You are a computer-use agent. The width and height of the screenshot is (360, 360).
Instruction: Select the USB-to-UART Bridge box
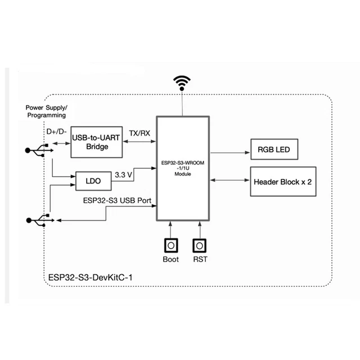tap(97, 142)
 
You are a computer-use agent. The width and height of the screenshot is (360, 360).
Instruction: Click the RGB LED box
tap(273, 150)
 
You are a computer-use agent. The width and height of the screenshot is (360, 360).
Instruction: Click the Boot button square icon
tap(170, 246)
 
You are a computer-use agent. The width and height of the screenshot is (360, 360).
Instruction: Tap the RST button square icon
tap(200, 246)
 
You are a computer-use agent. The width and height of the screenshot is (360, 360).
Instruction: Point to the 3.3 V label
tap(123, 175)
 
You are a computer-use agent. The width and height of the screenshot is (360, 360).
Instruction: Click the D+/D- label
tap(57, 131)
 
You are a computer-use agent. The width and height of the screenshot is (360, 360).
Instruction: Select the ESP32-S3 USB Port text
tap(117, 200)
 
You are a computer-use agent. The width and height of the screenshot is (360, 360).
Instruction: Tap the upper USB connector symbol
tap(37, 150)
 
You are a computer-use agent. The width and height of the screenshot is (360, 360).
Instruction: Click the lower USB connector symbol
tap(37, 220)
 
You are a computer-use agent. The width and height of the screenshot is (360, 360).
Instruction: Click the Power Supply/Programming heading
tap(46, 111)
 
